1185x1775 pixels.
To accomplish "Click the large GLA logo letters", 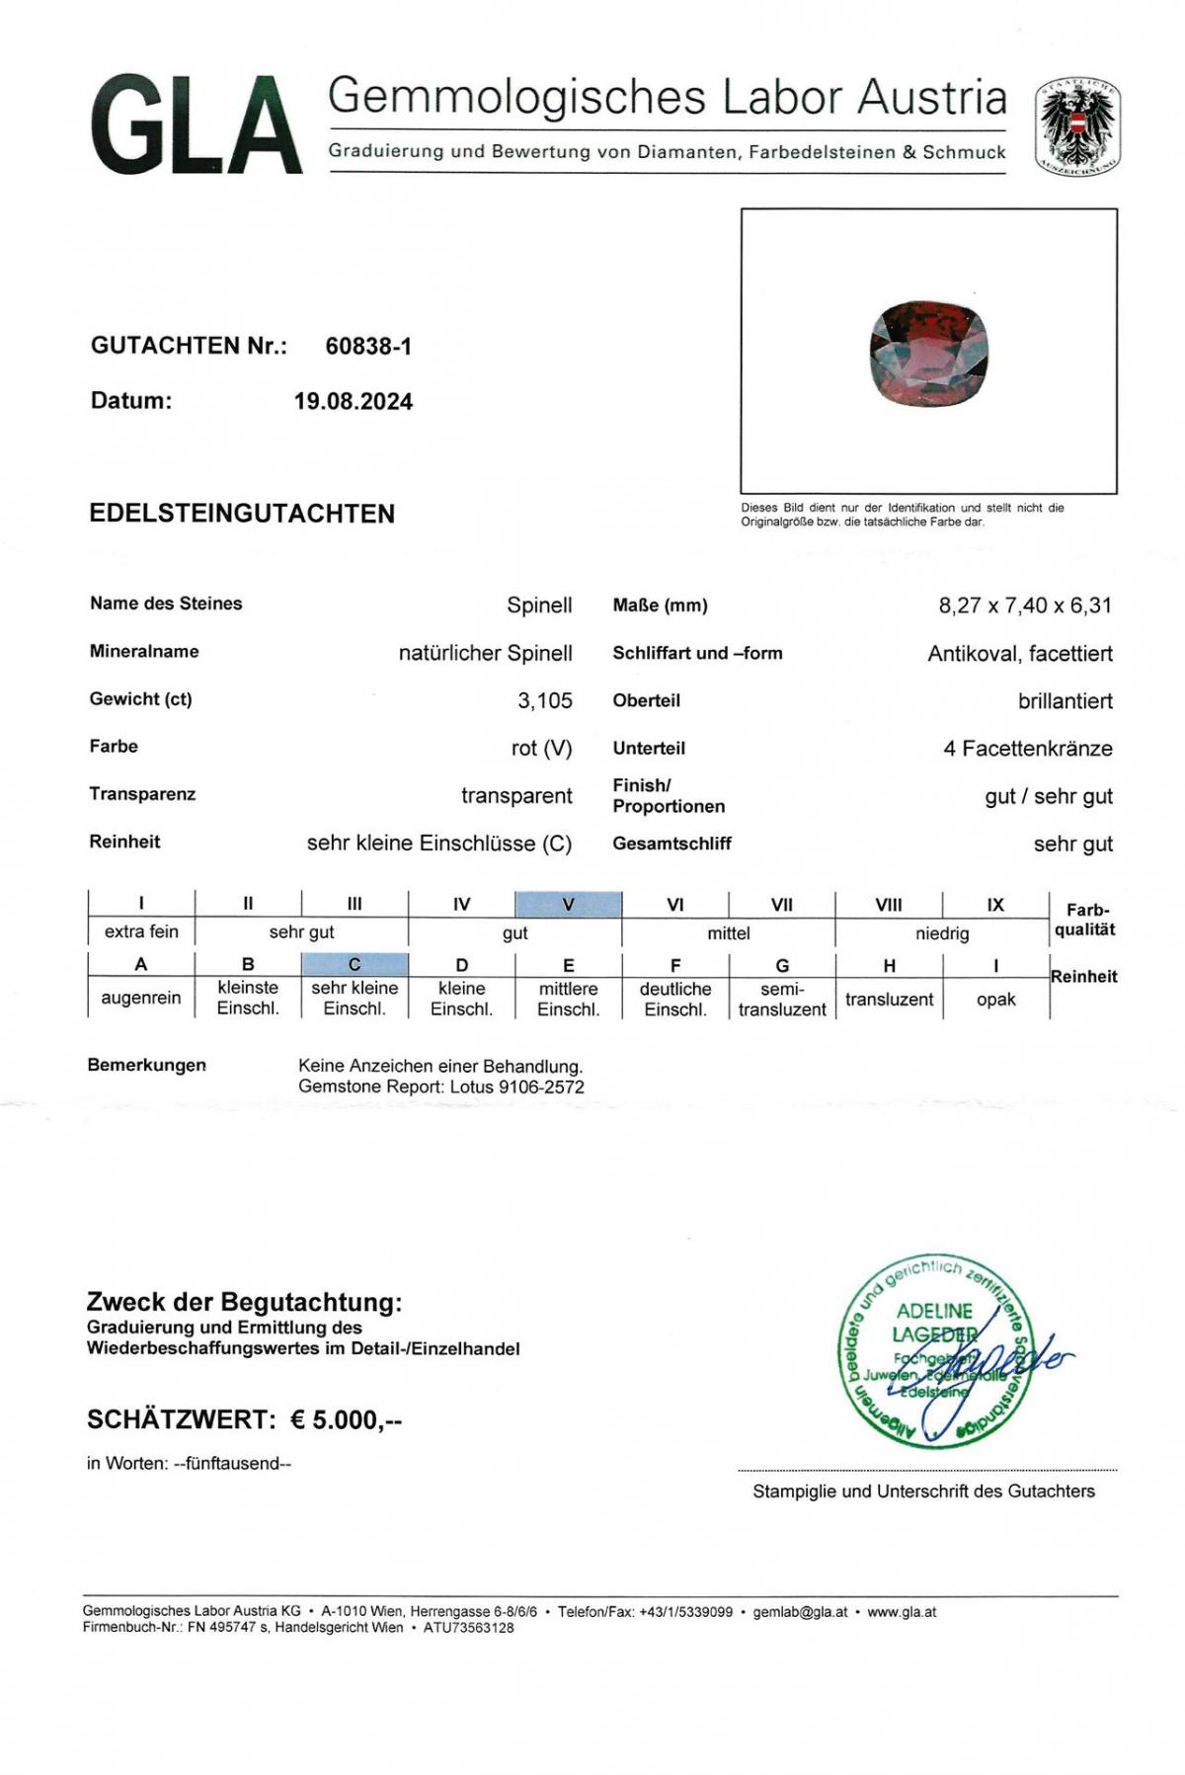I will [x=196, y=125].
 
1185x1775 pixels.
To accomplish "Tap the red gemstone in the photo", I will [x=928, y=355].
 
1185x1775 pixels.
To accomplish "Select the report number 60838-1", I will [x=368, y=346].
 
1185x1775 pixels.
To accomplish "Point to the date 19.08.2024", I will [x=353, y=401].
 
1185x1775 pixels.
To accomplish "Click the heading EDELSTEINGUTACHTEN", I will [x=242, y=514].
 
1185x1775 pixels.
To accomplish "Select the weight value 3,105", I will [x=544, y=700].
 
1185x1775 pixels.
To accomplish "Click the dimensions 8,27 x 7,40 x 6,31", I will [x=1024, y=605].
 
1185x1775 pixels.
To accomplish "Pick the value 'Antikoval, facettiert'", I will [x=1019, y=653].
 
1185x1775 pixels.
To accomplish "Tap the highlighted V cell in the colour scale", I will [x=568, y=904].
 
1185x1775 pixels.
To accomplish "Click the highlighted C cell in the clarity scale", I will [x=355, y=964].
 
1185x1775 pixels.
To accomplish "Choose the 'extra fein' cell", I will [x=141, y=931].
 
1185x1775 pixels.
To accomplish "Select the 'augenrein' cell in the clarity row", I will [x=141, y=998].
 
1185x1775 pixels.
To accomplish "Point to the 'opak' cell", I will [x=995, y=999].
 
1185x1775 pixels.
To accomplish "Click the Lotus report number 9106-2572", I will [x=541, y=1087].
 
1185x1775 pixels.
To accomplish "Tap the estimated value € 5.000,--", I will [x=346, y=1419].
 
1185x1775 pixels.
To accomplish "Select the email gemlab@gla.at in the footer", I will [x=800, y=1612].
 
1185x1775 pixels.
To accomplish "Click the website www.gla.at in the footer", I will [x=902, y=1612].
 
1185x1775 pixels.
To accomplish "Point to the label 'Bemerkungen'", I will [x=147, y=1065].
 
